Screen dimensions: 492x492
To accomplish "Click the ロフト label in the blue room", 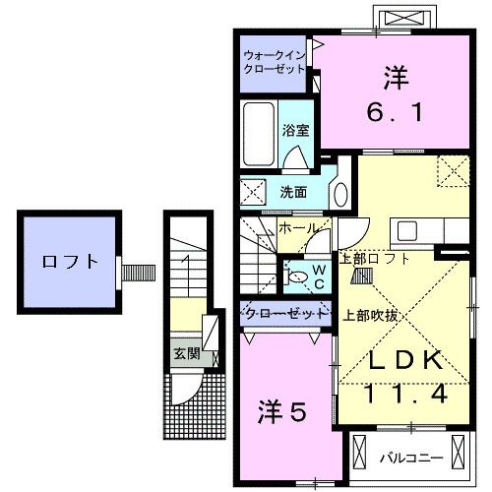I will click(70, 262).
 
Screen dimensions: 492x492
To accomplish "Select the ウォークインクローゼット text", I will click(277, 62).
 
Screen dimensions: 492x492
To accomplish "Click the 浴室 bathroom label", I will click(295, 130).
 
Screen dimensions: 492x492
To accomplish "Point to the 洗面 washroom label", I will click(293, 191).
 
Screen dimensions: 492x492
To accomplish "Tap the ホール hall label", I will click(296, 228).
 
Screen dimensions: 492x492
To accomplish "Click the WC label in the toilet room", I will click(320, 275).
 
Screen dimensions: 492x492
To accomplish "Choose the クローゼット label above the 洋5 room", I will click(284, 313).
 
